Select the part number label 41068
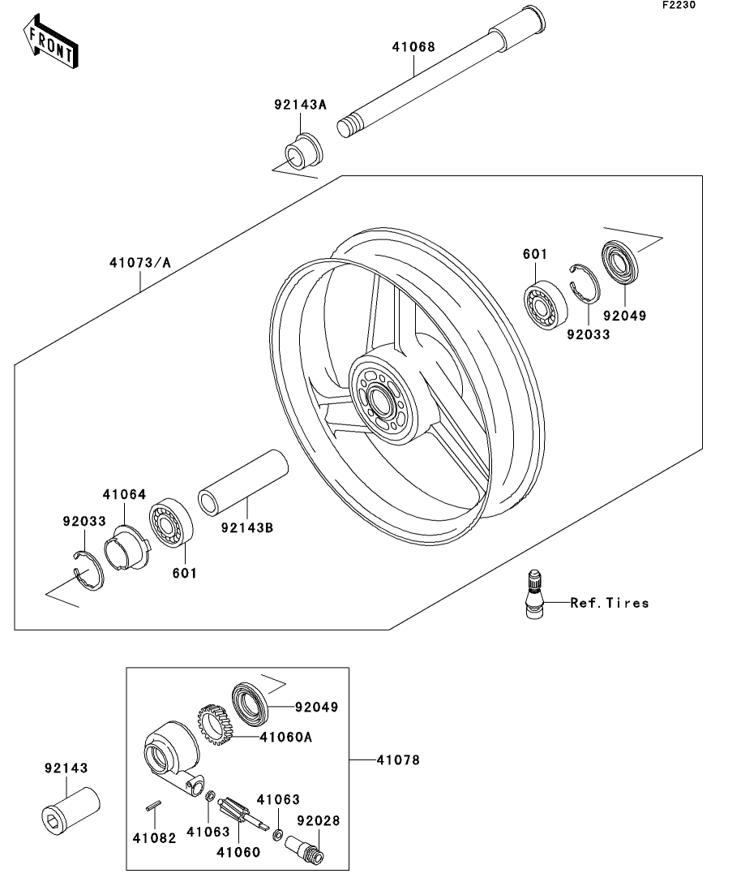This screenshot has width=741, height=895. click(413, 47)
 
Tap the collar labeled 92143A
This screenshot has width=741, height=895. click(304, 151)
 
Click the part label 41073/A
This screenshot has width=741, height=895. click(140, 263)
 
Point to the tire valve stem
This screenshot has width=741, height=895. click(534, 594)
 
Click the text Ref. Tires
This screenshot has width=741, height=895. click(610, 603)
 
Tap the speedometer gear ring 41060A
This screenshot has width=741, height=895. click(213, 725)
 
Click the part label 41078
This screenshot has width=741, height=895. click(398, 759)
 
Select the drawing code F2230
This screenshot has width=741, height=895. click(679, 5)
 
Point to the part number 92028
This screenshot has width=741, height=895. click(319, 820)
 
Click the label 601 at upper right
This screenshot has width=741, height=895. click(535, 254)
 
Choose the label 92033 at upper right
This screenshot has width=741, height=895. click(589, 334)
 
